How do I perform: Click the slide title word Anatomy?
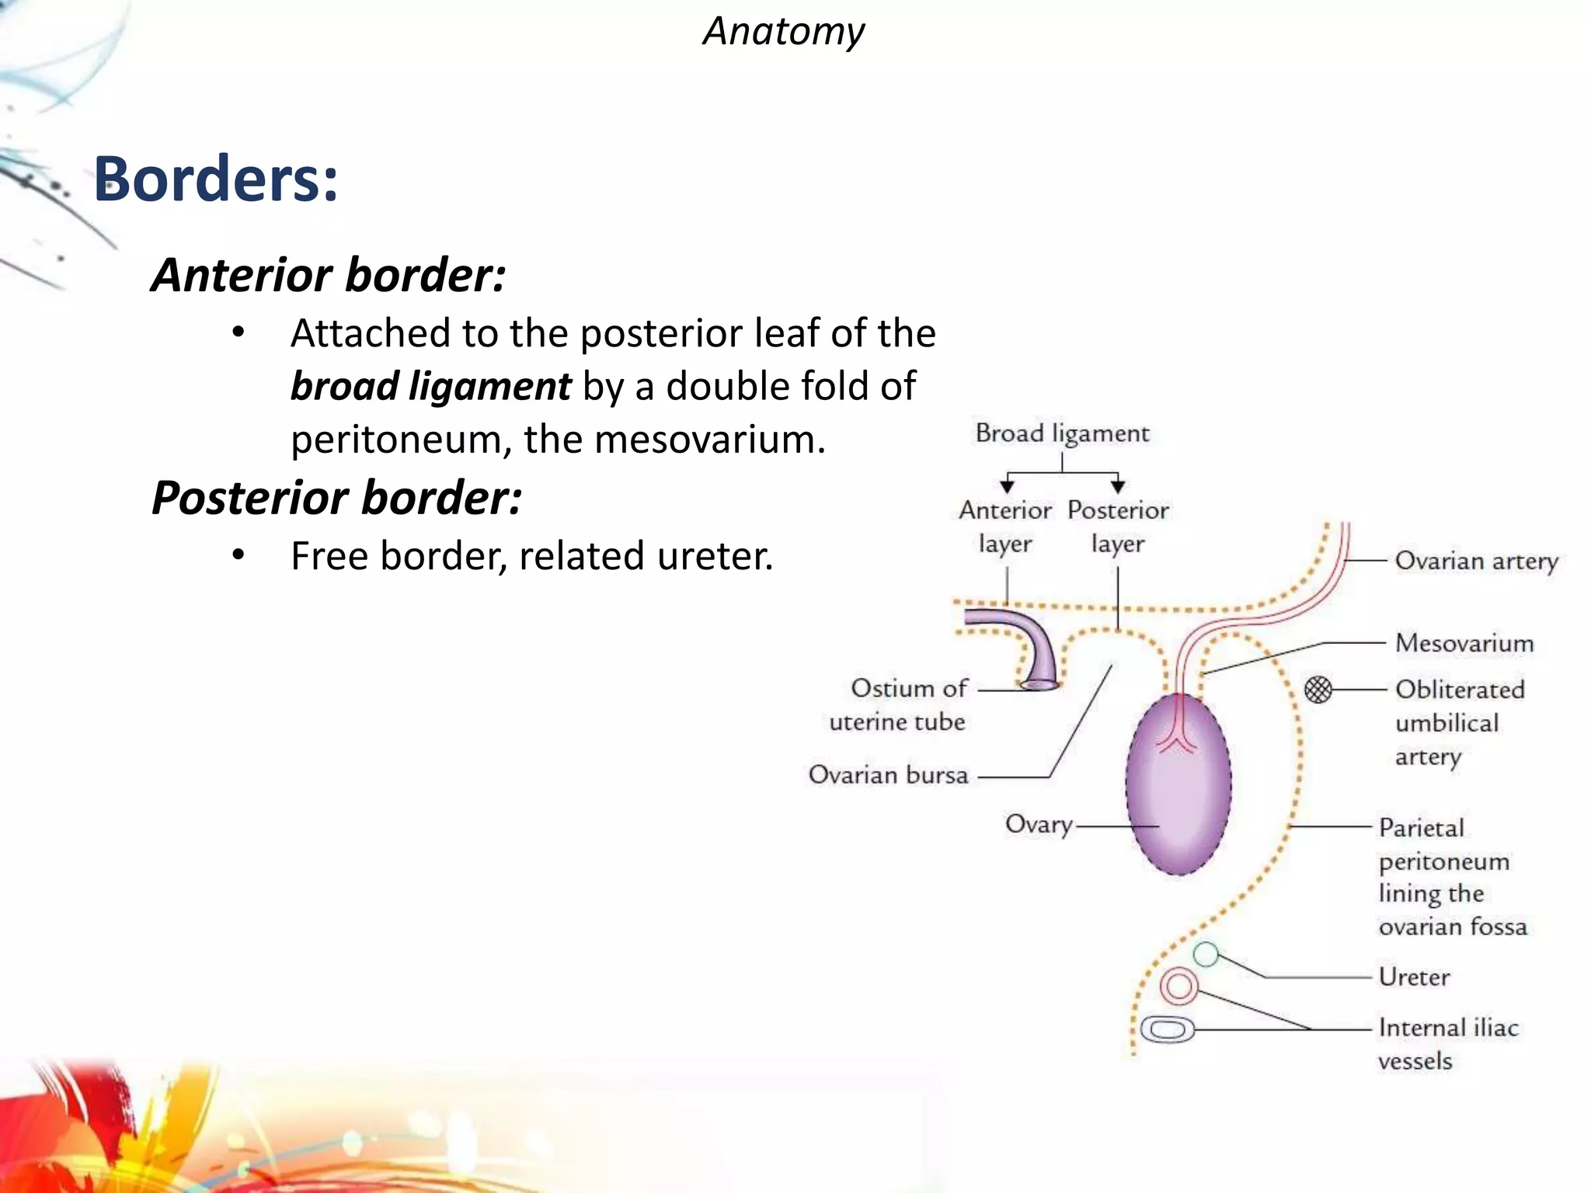(x=783, y=33)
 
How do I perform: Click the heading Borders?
(x=216, y=179)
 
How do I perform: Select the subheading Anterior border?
(x=329, y=275)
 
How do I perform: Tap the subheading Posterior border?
(x=336, y=498)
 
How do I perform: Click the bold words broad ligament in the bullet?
(x=431, y=386)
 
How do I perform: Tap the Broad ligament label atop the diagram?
(x=1062, y=433)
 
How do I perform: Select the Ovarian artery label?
(x=1476, y=561)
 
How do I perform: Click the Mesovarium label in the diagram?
(x=1464, y=643)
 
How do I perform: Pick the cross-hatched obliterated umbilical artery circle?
(x=1318, y=689)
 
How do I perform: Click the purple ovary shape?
(x=1178, y=784)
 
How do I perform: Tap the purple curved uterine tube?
(x=1025, y=641)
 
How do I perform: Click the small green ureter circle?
(x=1205, y=954)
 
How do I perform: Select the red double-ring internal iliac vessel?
(x=1178, y=986)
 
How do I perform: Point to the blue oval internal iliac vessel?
(x=1167, y=1030)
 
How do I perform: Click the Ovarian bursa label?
(x=888, y=775)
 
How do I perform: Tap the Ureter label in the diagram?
(x=1414, y=977)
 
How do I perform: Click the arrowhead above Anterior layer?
(x=1007, y=486)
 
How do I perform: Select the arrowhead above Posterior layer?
(x=1118, y=486)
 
